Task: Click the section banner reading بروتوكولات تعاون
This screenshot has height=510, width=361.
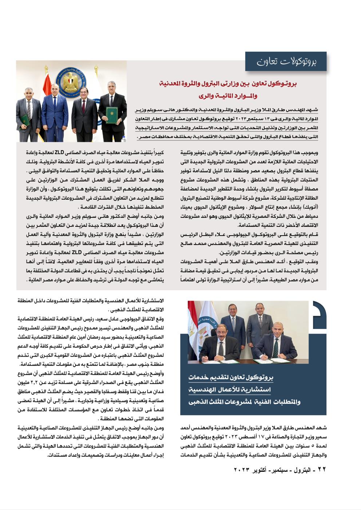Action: (286, 61)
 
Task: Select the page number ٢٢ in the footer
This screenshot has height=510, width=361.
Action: (322, 469)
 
